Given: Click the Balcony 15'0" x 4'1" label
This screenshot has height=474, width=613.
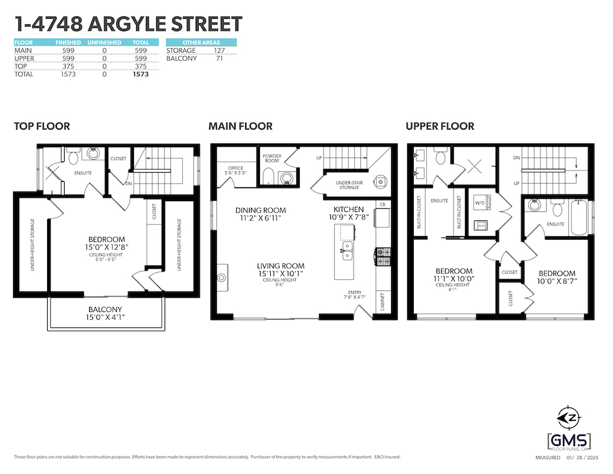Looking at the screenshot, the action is [x=105, y=313].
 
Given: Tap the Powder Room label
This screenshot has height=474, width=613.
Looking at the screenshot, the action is [x=272, y=158].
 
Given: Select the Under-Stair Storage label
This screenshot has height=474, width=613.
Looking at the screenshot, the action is [x=349, y=185].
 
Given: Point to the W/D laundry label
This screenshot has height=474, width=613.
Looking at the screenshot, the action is [x=480, y=203].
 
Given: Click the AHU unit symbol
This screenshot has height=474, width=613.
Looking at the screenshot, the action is [x=481, y=226].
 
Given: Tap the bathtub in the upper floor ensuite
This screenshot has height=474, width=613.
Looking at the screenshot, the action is [x=579, y=217].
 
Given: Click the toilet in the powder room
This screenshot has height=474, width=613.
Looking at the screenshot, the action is [x=268, y=176].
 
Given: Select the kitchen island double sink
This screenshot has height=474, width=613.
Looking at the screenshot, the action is [x=347, y=251].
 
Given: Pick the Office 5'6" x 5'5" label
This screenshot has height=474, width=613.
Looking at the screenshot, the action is [x=236, y=171].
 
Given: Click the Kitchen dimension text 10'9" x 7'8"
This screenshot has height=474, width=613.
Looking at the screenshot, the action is [x=349, y=217].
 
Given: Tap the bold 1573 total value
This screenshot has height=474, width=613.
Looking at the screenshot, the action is [x=141, y=74].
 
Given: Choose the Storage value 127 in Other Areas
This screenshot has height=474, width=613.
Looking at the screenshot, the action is [x=219, y=51].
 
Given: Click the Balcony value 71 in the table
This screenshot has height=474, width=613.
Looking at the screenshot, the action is [x=219, y=59].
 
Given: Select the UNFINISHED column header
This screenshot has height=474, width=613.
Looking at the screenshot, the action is [x=104, y=42].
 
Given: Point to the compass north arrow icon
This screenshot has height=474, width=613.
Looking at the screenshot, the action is [x=569, y=418].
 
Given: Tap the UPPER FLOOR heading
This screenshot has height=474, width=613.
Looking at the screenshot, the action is [x=440, y=126].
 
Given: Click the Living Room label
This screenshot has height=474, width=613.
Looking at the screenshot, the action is [x=281, y=266].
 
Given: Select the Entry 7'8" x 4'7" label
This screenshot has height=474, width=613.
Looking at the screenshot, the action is [x=355, y=295].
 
